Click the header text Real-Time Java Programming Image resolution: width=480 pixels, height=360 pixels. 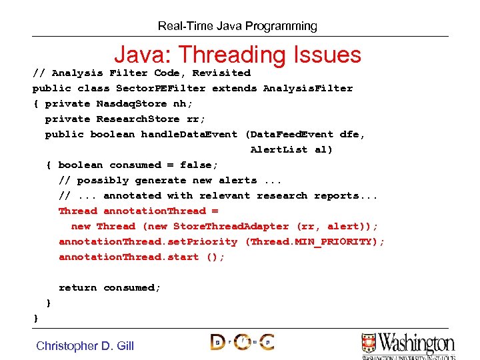237,27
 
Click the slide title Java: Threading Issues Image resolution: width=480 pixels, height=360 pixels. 237,55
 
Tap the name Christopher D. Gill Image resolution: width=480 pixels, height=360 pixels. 85,345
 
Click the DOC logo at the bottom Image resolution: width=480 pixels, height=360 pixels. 242,342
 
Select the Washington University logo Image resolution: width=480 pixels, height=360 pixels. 407,345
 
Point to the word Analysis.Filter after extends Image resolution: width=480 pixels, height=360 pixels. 307,88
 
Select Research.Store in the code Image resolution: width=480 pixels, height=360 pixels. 138,119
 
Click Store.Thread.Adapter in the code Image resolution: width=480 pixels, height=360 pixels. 231,226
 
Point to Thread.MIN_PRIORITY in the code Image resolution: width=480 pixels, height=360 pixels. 314,241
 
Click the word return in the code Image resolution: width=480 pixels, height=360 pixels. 77,287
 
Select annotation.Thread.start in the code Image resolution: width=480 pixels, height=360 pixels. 129,257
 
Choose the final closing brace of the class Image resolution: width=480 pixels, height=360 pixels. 36,319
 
